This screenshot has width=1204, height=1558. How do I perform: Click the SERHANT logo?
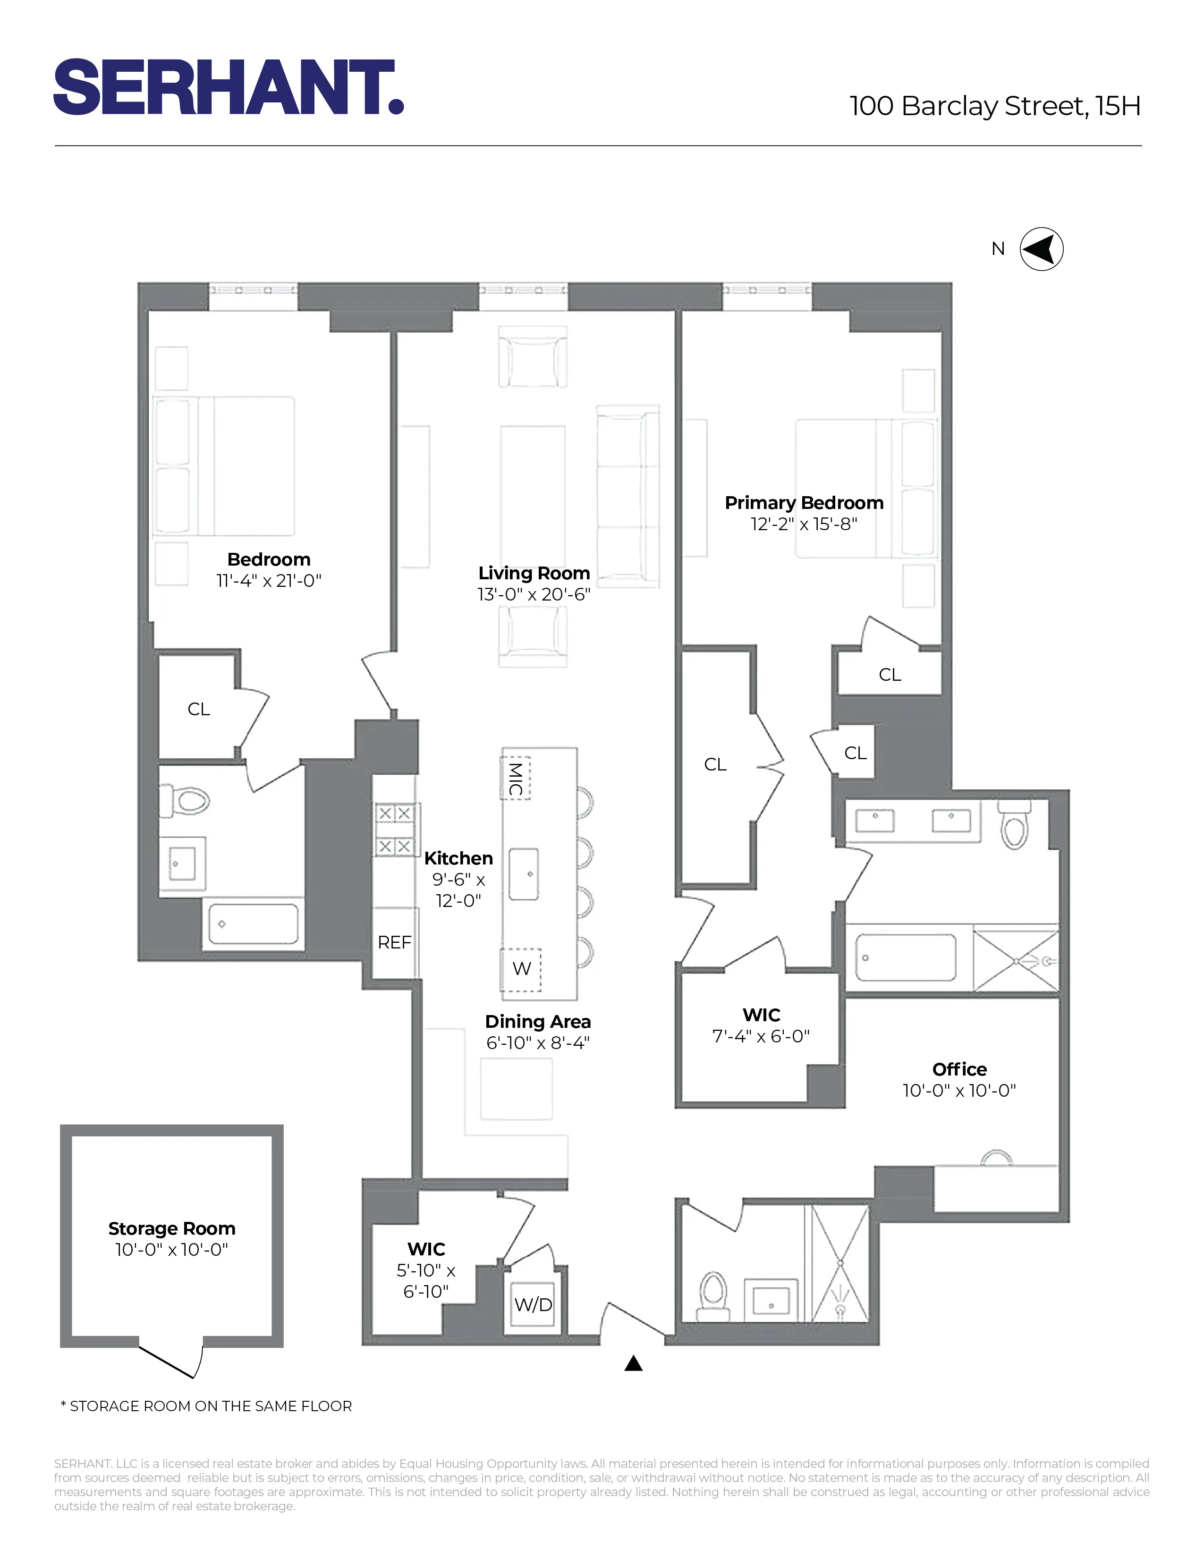pos(228,87)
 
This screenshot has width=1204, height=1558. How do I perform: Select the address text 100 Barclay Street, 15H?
pos(994,106)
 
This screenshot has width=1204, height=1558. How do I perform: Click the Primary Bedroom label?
pos(804,503)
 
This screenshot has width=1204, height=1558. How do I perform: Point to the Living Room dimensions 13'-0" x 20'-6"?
pos(534,594)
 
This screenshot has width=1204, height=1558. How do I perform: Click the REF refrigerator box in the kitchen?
pos(394,942)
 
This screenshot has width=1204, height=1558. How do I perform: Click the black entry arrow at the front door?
pos(633,1363)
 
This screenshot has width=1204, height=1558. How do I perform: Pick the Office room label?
pos(959,1069)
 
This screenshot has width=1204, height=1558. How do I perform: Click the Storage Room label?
pos(172,1228)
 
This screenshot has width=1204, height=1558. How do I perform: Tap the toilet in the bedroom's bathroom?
pos(186,800)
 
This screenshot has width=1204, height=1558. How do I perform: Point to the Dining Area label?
pos(538,1022)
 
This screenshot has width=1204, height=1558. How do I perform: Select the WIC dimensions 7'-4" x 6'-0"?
pos(761,1036)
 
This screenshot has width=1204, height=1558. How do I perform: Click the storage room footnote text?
pos(207,1406)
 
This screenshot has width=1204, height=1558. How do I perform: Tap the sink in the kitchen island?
pos(524,874)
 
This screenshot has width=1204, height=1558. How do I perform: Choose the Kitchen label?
pos(458,858)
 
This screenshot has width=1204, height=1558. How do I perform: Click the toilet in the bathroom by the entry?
pos(714,1293)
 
